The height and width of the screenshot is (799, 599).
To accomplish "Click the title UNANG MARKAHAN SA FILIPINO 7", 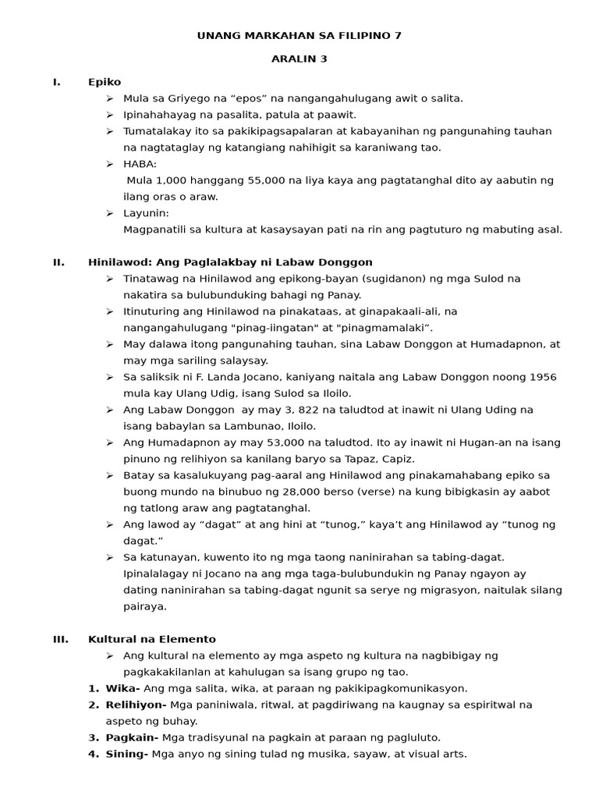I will click(x=299, y=35).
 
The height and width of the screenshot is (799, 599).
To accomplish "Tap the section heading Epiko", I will click(x=105, y=82).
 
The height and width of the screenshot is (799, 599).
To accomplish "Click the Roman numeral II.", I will click(x=58, y=262).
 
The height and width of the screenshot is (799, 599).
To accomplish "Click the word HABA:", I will click(x=140, y=164).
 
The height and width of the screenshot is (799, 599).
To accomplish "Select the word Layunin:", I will click(x=146, y=213).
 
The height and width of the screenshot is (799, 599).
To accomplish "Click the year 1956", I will click(x=539, y=377).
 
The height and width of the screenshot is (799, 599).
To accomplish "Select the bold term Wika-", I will click(x=122, y=688).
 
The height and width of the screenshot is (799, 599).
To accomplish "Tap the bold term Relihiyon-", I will click(x=137, y=705).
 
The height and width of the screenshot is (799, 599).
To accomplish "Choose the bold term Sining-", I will click(x=126, y=754).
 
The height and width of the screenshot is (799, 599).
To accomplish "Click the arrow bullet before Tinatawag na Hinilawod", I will click(x=110, y=279).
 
